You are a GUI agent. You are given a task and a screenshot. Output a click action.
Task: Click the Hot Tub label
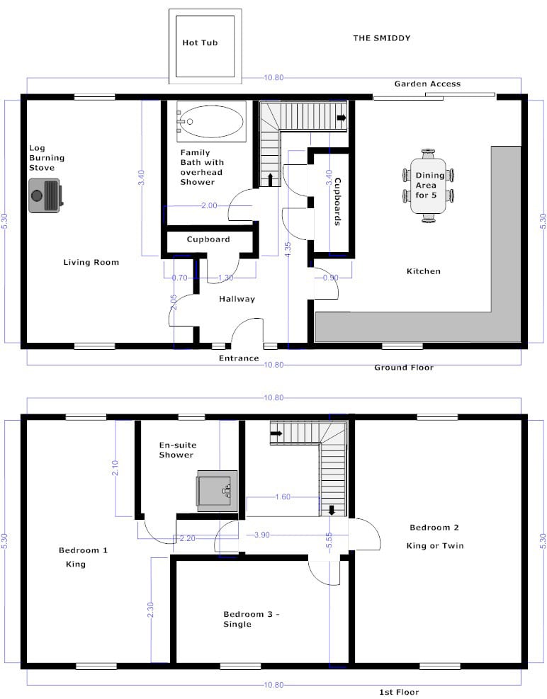[200, 42]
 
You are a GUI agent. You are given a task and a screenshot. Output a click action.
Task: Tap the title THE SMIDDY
[382, 38]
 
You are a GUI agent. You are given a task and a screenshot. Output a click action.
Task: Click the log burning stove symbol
[45, 195]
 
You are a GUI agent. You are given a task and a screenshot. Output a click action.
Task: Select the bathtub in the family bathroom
[212, 122]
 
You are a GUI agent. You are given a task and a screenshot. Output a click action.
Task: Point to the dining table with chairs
[428, 186]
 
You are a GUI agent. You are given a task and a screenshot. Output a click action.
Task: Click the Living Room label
[91, 262]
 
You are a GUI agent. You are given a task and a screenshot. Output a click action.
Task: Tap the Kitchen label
[424, 271]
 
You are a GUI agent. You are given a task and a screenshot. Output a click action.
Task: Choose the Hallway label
[237, 299]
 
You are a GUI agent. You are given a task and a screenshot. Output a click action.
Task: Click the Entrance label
[239, 358]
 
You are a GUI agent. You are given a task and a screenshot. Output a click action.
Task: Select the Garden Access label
[427, 84]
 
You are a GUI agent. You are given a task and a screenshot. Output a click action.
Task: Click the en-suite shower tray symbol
[217, 491]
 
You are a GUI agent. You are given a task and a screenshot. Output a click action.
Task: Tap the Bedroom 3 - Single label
[252, 619]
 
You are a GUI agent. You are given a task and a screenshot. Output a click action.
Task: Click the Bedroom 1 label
[83, 550]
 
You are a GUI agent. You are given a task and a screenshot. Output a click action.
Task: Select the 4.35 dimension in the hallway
[288, 249]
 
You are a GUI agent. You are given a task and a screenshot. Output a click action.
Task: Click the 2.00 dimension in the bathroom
[209, 205]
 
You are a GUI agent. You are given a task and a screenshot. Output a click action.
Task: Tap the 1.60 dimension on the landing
[283, 496]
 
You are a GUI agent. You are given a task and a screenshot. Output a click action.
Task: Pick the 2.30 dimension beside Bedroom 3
[150, 610]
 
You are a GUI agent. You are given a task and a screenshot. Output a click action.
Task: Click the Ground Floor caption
[404, 368]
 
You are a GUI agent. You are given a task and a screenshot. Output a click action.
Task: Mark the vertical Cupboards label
[338, 202]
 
